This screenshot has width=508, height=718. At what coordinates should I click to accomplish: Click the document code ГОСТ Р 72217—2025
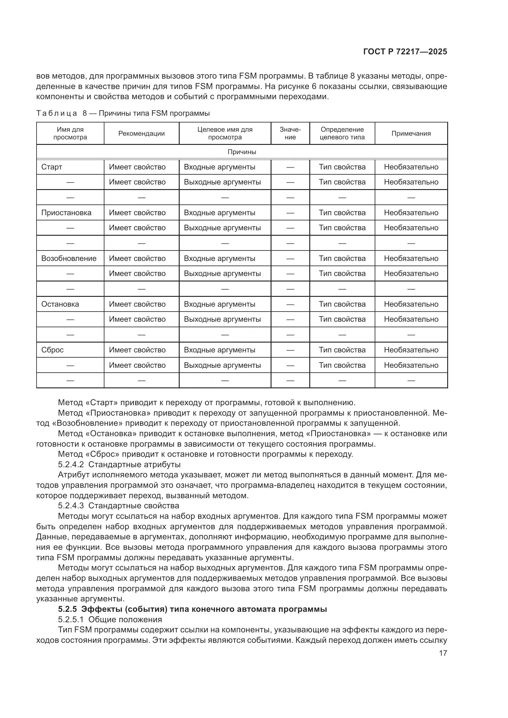click(405, 52)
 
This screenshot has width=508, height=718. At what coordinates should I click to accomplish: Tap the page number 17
click(443, 653)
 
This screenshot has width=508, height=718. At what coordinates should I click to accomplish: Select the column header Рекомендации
click(141, 134)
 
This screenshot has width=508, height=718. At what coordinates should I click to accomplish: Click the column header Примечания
click(411, 134)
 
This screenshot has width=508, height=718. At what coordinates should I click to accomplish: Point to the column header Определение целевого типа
click(342, 134)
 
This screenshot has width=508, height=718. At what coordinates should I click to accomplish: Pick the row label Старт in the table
click(52, 167)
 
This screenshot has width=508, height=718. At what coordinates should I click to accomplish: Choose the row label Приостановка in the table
click(66, 213)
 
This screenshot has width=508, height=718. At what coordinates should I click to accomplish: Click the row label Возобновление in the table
click(69, 258)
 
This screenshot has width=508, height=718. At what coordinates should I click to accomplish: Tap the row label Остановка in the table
click(60, 304)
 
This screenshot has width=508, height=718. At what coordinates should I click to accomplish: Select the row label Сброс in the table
click(52, 350)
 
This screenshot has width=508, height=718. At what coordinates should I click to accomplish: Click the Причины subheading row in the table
click(241, 152)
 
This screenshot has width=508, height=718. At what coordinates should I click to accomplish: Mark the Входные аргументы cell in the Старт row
click(219, 167)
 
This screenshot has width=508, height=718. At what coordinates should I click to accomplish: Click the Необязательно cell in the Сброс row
click(411, 350)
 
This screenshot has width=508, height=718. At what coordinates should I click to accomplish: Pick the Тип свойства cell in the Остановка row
click(342, 304)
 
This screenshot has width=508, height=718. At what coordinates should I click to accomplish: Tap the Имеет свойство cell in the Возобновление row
click(137, 258)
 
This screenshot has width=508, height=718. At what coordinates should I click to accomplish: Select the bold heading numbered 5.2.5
click(192, 609)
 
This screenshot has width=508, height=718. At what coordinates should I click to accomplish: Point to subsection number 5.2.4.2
click(71, 464)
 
